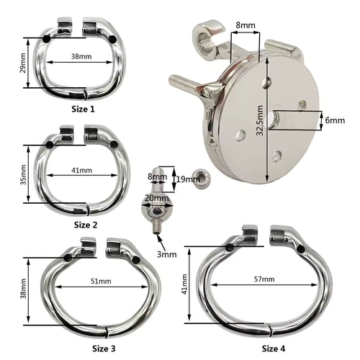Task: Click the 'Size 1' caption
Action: (x=83, y=109)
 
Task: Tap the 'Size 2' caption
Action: (x=86, y=225)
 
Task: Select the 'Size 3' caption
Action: (x=104, y=348)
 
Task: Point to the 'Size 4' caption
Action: (x=274, y=348)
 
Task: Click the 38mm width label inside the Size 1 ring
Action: (x=81, y=56)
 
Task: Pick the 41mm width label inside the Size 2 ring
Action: (x=81, y=170)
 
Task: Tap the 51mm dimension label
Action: (x=101, y=281)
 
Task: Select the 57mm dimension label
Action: (x=264, y=279)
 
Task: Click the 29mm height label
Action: (x=22, y=63)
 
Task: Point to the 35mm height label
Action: (x=23, y=174)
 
